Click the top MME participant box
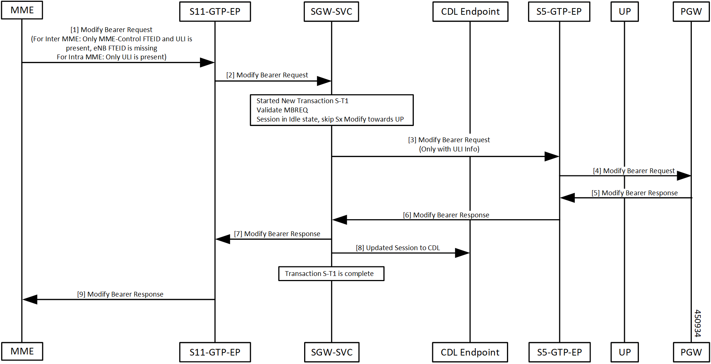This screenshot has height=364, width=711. (22, 10)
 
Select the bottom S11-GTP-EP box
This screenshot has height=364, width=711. (215, 352)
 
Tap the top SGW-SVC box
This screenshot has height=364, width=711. (331, 12)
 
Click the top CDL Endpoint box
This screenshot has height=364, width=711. (470, 12)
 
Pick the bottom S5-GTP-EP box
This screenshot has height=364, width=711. (559, 352)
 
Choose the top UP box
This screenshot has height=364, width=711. (624, 12)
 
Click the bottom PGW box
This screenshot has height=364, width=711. (691, 352)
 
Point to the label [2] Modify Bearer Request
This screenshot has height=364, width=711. (267, 75)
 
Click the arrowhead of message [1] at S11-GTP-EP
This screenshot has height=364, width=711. (207, 63)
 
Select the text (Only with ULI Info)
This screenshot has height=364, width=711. (449, 149)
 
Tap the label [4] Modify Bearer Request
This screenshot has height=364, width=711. (633, 171)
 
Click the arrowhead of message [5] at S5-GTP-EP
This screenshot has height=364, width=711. (567, 198)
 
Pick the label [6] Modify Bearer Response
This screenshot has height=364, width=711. (446, 215)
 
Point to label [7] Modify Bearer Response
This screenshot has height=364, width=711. (277, 234)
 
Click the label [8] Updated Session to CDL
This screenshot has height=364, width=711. (398, 248)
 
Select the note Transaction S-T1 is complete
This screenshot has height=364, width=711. (331, 274)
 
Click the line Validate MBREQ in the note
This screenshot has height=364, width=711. (282, 110)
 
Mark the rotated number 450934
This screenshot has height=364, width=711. (697, 323)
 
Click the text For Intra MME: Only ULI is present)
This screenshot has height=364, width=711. (112, 57)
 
